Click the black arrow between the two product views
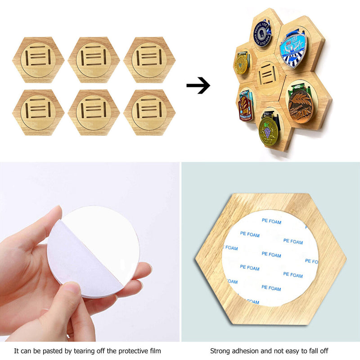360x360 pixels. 198,85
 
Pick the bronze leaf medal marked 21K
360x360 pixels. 300,104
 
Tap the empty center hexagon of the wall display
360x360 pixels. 268,75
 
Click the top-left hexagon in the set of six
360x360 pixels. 38,60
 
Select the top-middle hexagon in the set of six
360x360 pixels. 94,60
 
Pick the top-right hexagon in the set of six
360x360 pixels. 149,60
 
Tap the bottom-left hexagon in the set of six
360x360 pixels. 38,112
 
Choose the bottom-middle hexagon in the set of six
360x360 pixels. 94,112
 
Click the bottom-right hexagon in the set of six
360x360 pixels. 149,112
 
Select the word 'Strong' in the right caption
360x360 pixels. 219,350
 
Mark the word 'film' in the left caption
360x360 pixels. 155,350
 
